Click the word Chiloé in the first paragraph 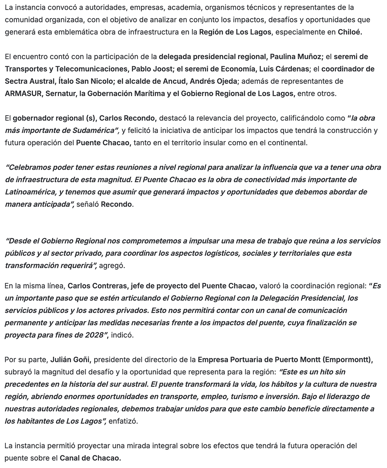pyautogui.click(x=349, y=32)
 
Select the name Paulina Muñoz pyautogui.click(x=295, y=57)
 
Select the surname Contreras pyautogui.click(x=110, y=286)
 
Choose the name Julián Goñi pyautogui.click(x=70, y=360)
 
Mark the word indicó pyautogui.click(x=122, y=335)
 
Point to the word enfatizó pyautogui.click(x=123, y=421)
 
